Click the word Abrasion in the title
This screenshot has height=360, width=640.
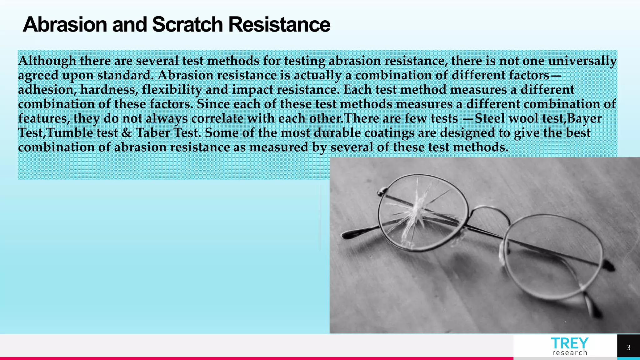(x=65, y=24)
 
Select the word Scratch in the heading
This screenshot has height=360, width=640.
(x=187, y=24)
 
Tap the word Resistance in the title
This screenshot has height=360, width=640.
(x=279, y=24)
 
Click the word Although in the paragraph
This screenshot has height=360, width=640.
(x=47, y=61)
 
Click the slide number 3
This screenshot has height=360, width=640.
(x=628, y=347)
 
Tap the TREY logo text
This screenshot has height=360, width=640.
(x=569, y=343)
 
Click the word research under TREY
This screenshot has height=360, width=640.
(x=570, y=353)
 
